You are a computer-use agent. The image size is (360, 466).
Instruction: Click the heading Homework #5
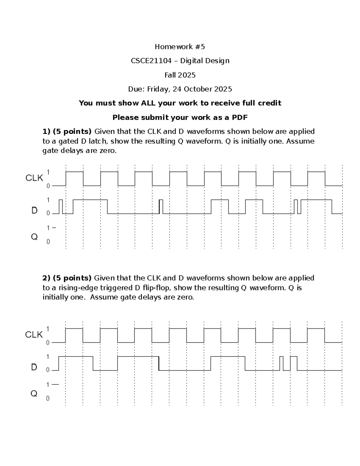tap(180, 47)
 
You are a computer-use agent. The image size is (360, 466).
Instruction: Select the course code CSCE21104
tap(151, 61)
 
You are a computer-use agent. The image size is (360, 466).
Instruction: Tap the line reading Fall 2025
tap(180, 75)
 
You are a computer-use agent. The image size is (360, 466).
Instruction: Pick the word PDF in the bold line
tap(240, 117)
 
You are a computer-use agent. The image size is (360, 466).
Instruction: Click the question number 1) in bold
tap(46, 131)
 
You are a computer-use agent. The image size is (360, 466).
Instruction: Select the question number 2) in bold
tap(46, 278)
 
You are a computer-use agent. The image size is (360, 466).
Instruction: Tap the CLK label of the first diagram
tap(34, 178)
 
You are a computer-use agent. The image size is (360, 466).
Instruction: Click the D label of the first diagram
tap(34, 211)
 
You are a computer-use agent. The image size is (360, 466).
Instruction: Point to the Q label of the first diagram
tap(34, 237)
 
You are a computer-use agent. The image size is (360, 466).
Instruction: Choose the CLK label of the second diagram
tap(34, 335)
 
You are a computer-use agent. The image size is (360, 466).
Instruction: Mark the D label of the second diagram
tap(34, 367)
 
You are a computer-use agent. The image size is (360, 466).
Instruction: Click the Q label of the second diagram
tap(34, 393)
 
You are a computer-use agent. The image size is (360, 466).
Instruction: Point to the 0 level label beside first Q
tap(48, 242)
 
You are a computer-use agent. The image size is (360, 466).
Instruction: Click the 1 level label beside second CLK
tap(48, 329)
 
